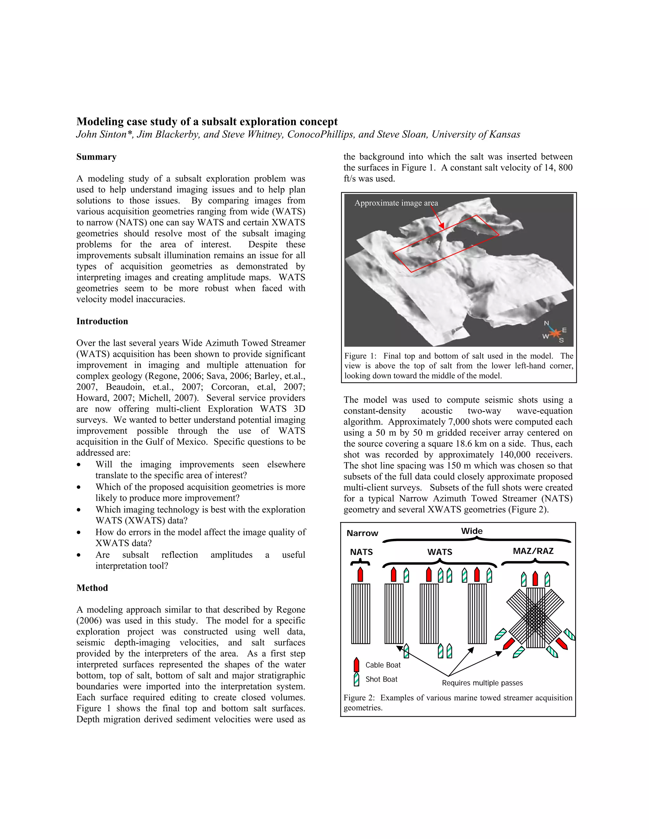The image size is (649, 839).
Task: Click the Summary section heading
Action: pyautogui.click(x=96, y=157)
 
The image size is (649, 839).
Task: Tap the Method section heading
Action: pyautogui.click(x=92, y=588)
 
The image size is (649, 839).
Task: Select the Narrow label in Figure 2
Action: pyautogui.click(x=362, y=533)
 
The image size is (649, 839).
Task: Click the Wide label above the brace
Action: pyautogui.click(x=472, y=531)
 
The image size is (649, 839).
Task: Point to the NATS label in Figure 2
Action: pyautogui.click(x=361, y=552)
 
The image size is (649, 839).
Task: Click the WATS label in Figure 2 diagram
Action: pyautogui.click(x=440, y=552)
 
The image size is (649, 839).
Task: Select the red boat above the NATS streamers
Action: pyautogui.click(x=360, y=575)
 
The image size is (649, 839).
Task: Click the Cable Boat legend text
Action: pyautogui.click(x=382, y=665)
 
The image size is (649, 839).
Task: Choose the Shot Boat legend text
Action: pyautogui.click(x=381, y=679)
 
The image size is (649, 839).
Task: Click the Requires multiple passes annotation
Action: pyautogui.click(x=482, y=683)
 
